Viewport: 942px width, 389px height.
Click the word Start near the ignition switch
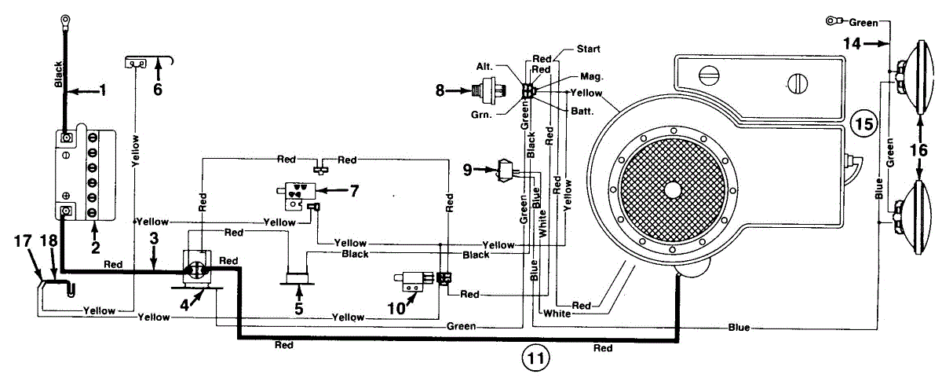pos(588,49)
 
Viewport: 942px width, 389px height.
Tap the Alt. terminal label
pos(484,66)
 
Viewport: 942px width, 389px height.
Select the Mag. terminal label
pos(592,77)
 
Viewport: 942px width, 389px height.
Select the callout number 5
pos(299,309)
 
